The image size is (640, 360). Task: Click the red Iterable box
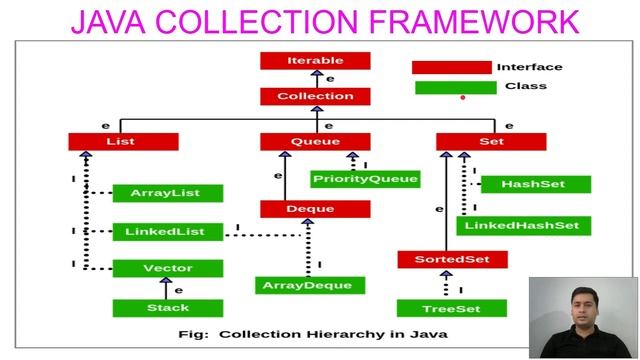pyautogui.click(x=315, y=61)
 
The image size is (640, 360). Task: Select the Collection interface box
pyautogui.click(x=315, y=97)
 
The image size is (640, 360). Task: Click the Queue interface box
pyautogui.click(x=315, y=142)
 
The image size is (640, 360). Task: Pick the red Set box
pyautogui.click(x=491, y=142)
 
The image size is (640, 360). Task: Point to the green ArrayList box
pyautogui.click(x=168, y=193)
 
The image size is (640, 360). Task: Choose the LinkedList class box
pyautogui.click(x=165, y=232)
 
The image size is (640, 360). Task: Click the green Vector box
pyautogui.click(x=168, y=269)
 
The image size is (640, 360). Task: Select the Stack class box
pyautogui.click(x=168, y=308)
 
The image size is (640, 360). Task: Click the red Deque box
pyautogui.click(x=315, y=209)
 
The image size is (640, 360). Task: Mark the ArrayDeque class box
pyautogui.click(x=308, y=286)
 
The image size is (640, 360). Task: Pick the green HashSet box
pyautogui.click(x=533, y=185)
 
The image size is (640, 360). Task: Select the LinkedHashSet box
pyautogui.click(x=523, y=226)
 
